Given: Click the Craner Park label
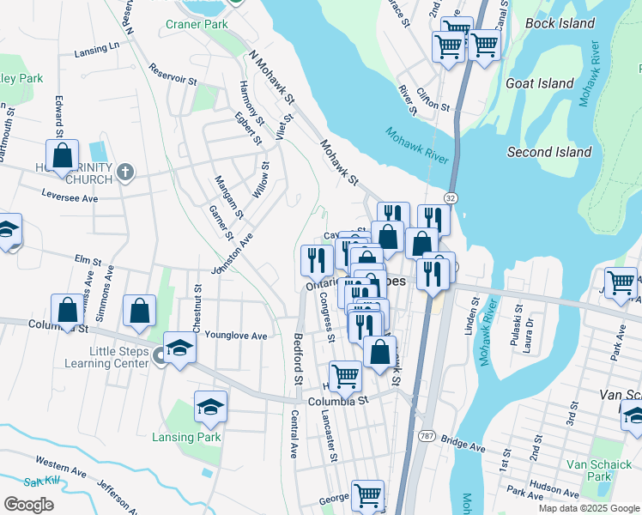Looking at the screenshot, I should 197,24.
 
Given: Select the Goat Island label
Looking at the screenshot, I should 540,83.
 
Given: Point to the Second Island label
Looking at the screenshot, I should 549,152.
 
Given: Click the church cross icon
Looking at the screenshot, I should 125,173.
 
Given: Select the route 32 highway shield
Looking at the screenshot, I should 451,197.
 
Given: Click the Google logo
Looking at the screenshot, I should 28,504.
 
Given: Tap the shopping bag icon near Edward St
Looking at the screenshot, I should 63,157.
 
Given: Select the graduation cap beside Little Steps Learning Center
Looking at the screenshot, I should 180,348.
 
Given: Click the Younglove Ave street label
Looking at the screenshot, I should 237,336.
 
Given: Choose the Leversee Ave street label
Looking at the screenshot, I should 70,197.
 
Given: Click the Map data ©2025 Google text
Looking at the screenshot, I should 588,508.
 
